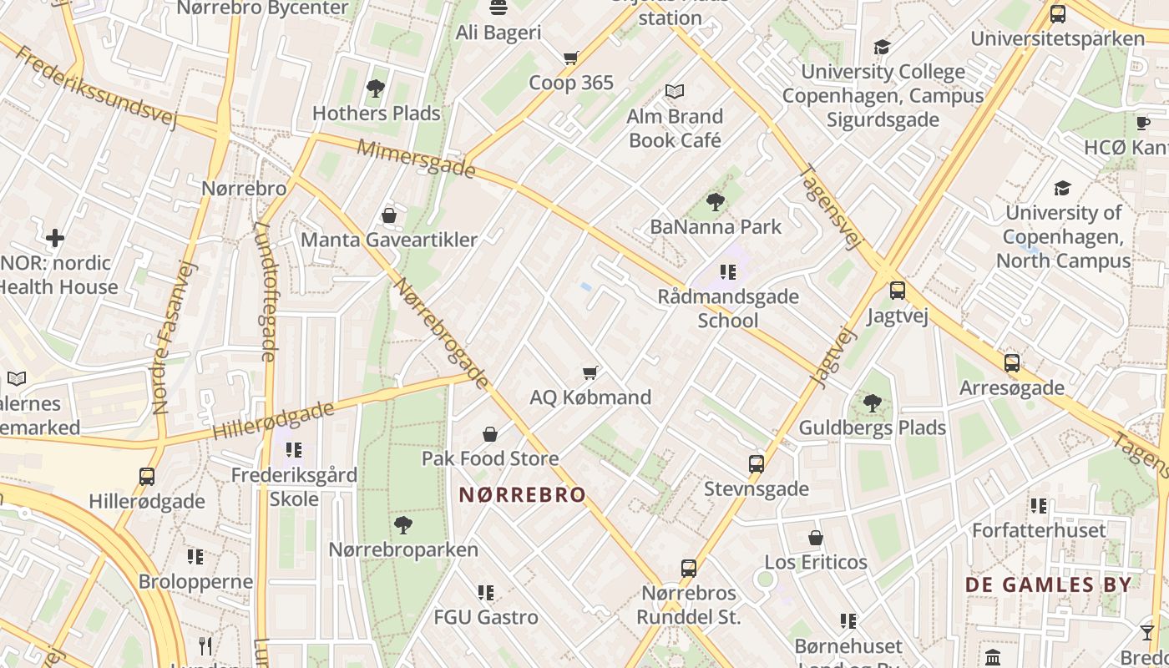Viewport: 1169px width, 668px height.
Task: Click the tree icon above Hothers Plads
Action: point(376,88)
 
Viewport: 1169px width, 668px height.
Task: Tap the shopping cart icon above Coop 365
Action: point(571,58)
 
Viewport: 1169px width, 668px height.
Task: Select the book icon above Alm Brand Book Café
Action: point(674,91)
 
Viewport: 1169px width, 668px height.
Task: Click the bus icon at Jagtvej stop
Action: point(898,291)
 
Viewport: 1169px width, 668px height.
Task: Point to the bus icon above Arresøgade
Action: point(1012,363)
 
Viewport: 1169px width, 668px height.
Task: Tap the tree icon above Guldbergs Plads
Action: point(873,403)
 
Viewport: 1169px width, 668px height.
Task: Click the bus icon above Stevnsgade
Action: point(757,464)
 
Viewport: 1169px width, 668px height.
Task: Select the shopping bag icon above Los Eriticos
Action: point(816,538)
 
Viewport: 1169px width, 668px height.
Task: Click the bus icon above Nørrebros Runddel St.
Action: point(689,569)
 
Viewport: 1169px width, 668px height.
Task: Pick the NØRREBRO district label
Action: point(523,495)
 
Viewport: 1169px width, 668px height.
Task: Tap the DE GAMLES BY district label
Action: point(1049,584)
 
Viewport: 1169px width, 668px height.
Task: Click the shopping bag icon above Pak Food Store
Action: point(490,434)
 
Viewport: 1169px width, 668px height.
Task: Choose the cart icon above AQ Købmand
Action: point(590,372)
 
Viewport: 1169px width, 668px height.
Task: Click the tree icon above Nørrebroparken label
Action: point(403,525)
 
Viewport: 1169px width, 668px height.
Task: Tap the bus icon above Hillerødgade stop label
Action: point(147,477)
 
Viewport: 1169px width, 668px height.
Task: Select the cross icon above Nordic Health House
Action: point(55,239)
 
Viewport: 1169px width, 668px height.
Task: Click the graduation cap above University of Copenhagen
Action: point(1062,188)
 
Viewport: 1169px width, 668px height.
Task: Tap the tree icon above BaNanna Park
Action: point(716,202)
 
